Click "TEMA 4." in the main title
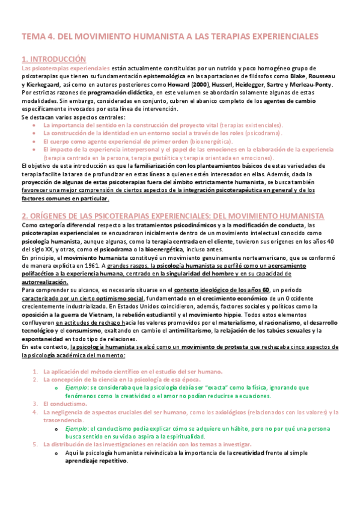click(x=38, y=37)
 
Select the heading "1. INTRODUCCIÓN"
click(x=53, y=59)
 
